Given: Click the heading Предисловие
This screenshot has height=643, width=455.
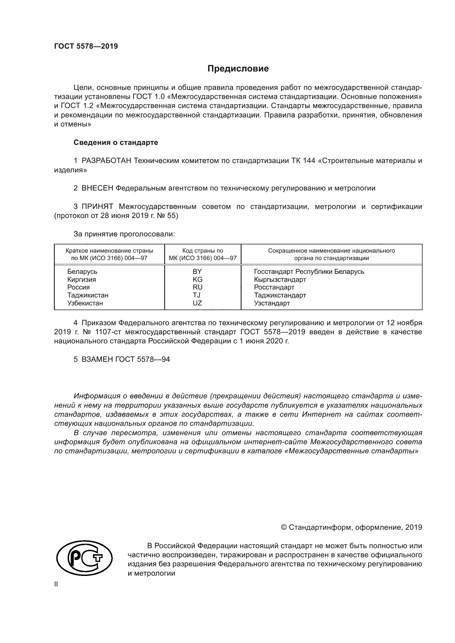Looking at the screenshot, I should point(238,69).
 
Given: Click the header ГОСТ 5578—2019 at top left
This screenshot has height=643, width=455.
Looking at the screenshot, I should point(86,46).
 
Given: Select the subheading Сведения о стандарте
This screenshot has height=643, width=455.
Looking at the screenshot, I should point(116,143).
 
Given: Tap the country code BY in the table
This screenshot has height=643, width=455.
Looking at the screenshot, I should point(197,271).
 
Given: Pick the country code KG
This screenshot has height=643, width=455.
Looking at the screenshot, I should point(197,279).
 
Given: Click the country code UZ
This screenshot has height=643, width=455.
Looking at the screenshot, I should point(197,303).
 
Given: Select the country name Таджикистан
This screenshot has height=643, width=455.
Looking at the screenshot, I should point(88,295).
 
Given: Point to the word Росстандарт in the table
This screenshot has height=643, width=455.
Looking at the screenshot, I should point(274,287).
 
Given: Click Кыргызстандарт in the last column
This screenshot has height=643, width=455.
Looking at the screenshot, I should point(280,280).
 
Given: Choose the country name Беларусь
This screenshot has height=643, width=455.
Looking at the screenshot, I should point(82,271).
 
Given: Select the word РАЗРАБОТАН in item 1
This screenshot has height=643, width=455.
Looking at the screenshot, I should point(106,161).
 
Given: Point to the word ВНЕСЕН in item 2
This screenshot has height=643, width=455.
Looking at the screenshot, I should point(97,188).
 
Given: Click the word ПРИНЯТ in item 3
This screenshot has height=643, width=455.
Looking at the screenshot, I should point(97,207).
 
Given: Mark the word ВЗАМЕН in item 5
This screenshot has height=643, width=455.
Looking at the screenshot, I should point(97,359).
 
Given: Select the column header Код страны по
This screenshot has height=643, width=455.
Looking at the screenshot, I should point(202,251).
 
